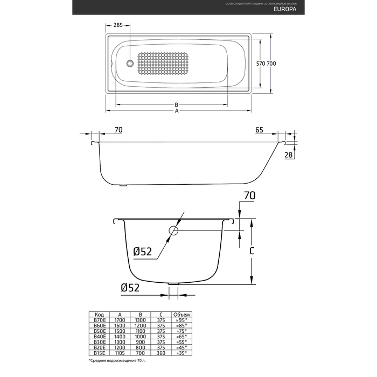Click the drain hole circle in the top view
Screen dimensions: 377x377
click(129, 64)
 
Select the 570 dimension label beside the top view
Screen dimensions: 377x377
click(262, 64)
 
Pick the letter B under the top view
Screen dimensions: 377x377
click(176, 104)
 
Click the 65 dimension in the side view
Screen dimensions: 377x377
click(259, 130)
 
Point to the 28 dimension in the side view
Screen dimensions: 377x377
click(289, 155)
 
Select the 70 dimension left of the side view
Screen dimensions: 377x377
click(119, 130)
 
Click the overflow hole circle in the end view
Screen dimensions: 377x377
click(174, 231)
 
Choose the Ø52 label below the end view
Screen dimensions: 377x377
click(130, 288)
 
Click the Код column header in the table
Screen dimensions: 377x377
click(100, 315)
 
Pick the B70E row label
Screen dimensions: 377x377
click(100, 320)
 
